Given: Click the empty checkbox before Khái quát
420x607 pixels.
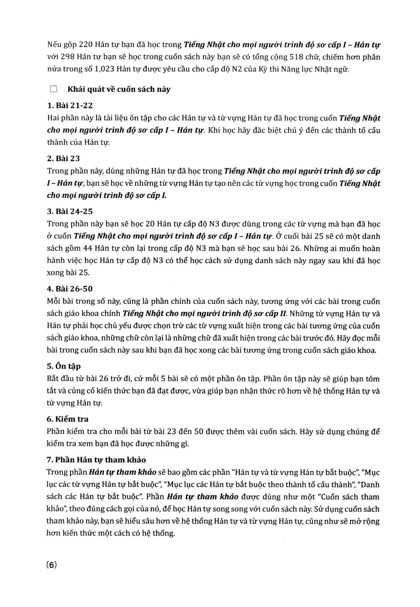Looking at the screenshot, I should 54,89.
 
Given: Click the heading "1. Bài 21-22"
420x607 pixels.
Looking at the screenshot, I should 70,106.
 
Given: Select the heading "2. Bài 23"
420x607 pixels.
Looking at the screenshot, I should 63,158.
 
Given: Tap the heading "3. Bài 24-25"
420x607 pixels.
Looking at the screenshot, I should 70,211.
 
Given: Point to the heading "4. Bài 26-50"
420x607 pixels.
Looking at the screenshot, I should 70,289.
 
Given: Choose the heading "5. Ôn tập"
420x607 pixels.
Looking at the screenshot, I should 64,366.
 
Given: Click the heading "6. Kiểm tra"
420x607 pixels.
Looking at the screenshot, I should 68,419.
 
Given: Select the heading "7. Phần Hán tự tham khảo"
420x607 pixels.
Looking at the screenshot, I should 96,460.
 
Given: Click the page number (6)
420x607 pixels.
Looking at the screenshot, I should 52,565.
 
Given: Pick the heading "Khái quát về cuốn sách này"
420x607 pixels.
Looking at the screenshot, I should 119,89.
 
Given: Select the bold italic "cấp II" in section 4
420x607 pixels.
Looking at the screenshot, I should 278,314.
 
